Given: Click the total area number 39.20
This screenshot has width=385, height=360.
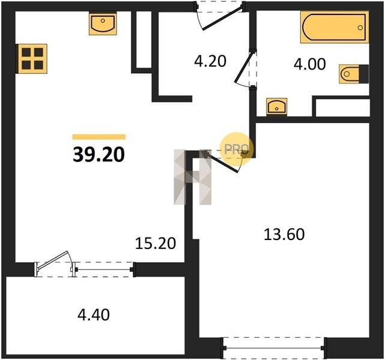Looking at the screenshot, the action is pos(99,155).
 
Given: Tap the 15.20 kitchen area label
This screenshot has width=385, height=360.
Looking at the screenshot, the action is pos(156,243).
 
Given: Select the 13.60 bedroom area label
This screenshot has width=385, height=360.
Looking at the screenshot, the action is pos(284,234).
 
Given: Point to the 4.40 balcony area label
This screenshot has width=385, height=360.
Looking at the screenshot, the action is pos(94,315).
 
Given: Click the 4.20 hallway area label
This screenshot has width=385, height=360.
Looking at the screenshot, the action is pos(210,61).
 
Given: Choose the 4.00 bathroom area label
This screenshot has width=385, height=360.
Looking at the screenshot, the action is pos(309,64).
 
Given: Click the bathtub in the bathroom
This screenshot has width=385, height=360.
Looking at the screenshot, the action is pos(335,27).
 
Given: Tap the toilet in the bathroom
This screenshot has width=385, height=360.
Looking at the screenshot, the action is pos(354,74).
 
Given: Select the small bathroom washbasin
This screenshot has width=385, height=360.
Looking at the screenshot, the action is pos(277,106).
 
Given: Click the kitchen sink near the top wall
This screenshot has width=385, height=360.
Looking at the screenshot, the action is pos(103,24).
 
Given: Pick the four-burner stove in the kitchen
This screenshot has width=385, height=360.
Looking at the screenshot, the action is pos(32,59).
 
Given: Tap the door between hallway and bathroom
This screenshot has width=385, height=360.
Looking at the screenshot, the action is pos(246,68).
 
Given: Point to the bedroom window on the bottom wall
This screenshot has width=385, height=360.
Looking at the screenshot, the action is pos(274,348).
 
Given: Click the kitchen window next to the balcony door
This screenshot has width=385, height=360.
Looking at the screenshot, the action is pos(104,269).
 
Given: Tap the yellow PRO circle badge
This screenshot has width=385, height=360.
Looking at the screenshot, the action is pos(236,148).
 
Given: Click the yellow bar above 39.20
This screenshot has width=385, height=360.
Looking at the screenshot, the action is pos(99,137).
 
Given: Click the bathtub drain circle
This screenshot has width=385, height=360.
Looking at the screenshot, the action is pos(360,28).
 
